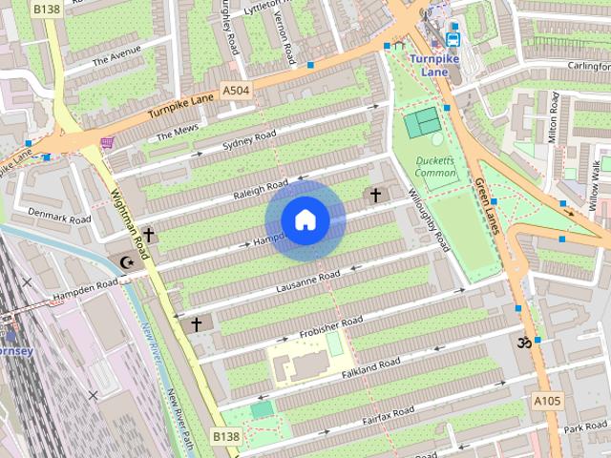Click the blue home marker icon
(x=305, y=219)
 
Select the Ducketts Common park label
(x=436, y=167)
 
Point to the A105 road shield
(x=547, y=401)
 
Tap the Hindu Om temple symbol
(x=522, y=342)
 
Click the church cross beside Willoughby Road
(x=375, y=196)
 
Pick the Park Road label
(x=585, y=426)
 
